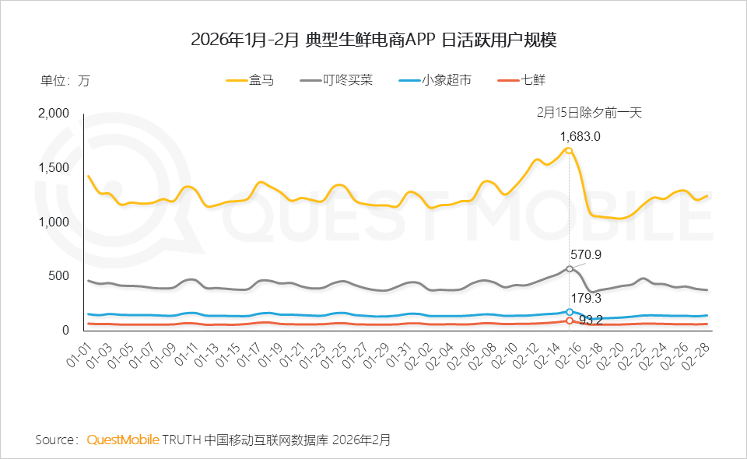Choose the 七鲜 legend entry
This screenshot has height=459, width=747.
tap(519, 80)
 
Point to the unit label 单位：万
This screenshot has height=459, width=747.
tap(65, 80)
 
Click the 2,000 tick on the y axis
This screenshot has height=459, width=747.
tap(54, 114)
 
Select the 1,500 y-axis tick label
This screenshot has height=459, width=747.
tap(54, 168)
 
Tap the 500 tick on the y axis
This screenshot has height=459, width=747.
tap(60, 276)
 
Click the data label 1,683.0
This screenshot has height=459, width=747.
tap(580, 136)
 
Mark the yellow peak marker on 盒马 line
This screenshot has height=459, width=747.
tap(569, 150)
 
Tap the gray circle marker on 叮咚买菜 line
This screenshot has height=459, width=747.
tap(569, 268)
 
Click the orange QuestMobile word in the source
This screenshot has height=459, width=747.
tap(123, 440)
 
